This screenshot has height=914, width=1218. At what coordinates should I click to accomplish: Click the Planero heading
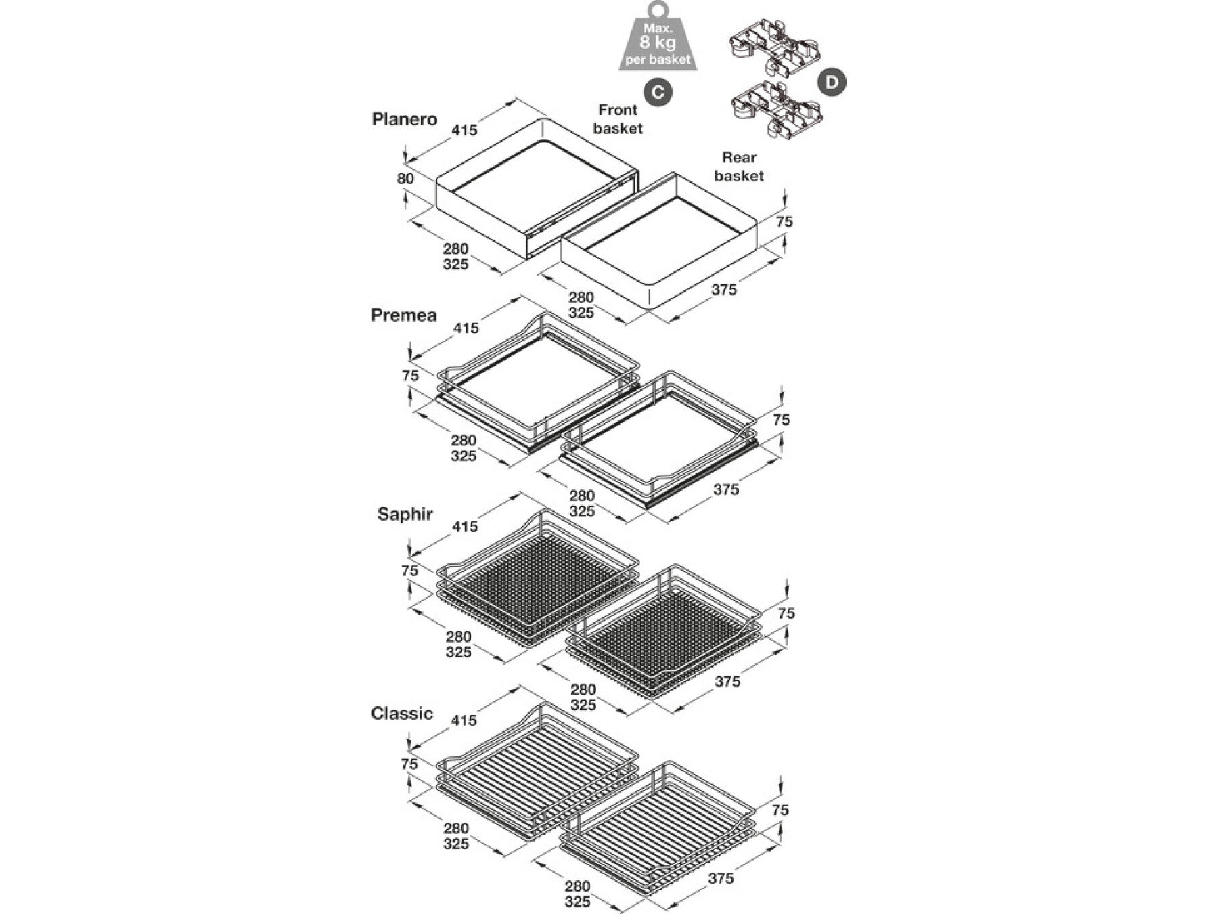click(x=405, y=120)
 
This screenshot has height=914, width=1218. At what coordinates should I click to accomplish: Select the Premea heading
click(x=404, y=315)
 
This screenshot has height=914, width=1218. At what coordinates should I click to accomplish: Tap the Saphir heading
click(x=405, y=515)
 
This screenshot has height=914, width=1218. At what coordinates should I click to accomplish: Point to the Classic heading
click(x=402, y=714)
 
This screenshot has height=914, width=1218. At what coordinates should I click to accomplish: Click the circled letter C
click(x=658, y=93)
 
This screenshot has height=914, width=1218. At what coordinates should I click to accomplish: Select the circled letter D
click(x=832, y=83)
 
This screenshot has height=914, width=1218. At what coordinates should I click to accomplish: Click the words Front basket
click(x=618, y=119)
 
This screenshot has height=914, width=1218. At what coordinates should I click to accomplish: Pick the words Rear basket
click(x=739, y=167)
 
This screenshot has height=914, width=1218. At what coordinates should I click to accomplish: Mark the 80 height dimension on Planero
click(x=405, y=179)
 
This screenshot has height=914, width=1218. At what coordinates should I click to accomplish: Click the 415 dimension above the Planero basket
click(x=464, y=131)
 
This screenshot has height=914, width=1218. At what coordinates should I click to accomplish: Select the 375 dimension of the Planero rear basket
click(x=724, y=290)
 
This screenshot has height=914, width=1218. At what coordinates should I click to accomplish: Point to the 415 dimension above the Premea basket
click(x=466, y=328)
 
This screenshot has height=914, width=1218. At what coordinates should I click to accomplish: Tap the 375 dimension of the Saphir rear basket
click(x=727, y=682)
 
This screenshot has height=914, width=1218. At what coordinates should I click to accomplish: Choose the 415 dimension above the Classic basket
click(x=464, y=721)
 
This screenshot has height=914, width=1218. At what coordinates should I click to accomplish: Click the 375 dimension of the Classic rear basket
click(x=721, y=879)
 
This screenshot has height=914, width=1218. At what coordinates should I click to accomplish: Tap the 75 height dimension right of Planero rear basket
click(x=784, y=222)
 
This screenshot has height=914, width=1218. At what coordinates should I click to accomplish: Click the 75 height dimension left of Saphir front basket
click(x=410, y=571)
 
